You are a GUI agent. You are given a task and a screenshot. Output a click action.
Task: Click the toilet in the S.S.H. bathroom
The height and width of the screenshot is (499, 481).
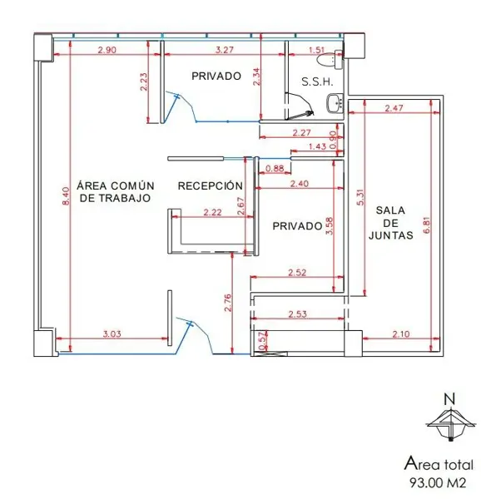tap(330, 60)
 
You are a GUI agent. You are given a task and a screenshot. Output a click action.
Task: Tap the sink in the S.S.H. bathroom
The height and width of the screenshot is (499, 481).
tap(335, 103)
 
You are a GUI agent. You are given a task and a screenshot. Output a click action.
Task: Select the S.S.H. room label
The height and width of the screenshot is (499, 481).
tap(317, 82)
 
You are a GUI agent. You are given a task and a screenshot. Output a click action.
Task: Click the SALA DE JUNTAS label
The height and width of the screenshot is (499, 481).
tap(390, 223)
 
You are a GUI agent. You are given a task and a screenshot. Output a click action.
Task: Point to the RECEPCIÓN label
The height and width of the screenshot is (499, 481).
tap(210, 185)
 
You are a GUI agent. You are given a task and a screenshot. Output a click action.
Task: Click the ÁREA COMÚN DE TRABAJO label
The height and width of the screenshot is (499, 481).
tap(115, 191)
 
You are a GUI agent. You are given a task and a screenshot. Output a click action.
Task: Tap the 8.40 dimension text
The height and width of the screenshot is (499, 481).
tap(66, 196)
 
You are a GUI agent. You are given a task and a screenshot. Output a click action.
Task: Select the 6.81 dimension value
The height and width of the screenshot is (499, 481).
tap(427, 225)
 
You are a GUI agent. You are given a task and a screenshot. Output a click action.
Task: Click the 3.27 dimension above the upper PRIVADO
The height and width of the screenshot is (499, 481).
tap(225, 50)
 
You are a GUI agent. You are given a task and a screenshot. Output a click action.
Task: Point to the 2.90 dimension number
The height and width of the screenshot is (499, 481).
tap(107, 50)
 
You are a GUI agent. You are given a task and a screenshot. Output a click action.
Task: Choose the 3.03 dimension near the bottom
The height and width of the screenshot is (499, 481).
tap(112, 333)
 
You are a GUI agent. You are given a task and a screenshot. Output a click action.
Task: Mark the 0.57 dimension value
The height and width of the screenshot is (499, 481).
tap(263, 341)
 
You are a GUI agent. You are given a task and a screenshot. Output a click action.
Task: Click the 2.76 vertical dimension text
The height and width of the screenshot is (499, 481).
tap(228, 303)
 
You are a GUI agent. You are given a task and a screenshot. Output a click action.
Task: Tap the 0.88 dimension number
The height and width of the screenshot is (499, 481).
tap(275, 168)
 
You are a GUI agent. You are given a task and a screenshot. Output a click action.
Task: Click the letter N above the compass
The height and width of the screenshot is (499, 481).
tap(449, 399)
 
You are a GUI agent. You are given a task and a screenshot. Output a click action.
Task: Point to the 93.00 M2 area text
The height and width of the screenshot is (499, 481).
tap(438, 482)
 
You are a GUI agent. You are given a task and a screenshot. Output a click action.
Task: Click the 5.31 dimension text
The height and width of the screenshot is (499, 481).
tap(360, 197)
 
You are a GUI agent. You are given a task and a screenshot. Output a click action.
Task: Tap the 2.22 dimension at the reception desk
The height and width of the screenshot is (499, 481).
tap(212, 212)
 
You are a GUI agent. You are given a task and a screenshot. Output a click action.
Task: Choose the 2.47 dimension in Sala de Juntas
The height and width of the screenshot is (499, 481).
tap(394, 108)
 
